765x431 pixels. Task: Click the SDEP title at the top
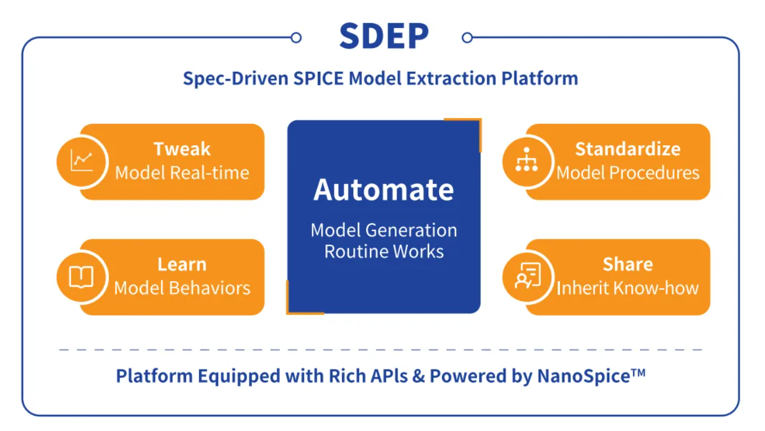(x=383, y=37)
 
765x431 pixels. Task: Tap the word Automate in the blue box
(x=383, y=190)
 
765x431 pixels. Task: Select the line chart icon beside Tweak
(x=82, y=161)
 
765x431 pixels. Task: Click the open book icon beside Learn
(x=82, y=277)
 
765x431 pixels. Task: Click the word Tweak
(x=182, y=149)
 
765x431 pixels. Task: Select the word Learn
(x=182, y=264)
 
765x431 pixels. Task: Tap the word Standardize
(x=628, y=149)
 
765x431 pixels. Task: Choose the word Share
(x=628, y=264)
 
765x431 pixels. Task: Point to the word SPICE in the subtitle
(x=319, y=78)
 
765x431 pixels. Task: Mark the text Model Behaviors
(x=182, y=288)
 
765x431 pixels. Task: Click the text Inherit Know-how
(x=628, y=288)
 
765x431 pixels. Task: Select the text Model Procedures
(x=628, y=173)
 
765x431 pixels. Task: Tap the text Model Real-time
(x=182, y=173)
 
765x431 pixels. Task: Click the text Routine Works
(x=383, y=251)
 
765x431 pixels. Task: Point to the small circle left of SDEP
(x=296, y=38)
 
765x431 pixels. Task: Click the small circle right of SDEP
(x=467, y=38)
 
